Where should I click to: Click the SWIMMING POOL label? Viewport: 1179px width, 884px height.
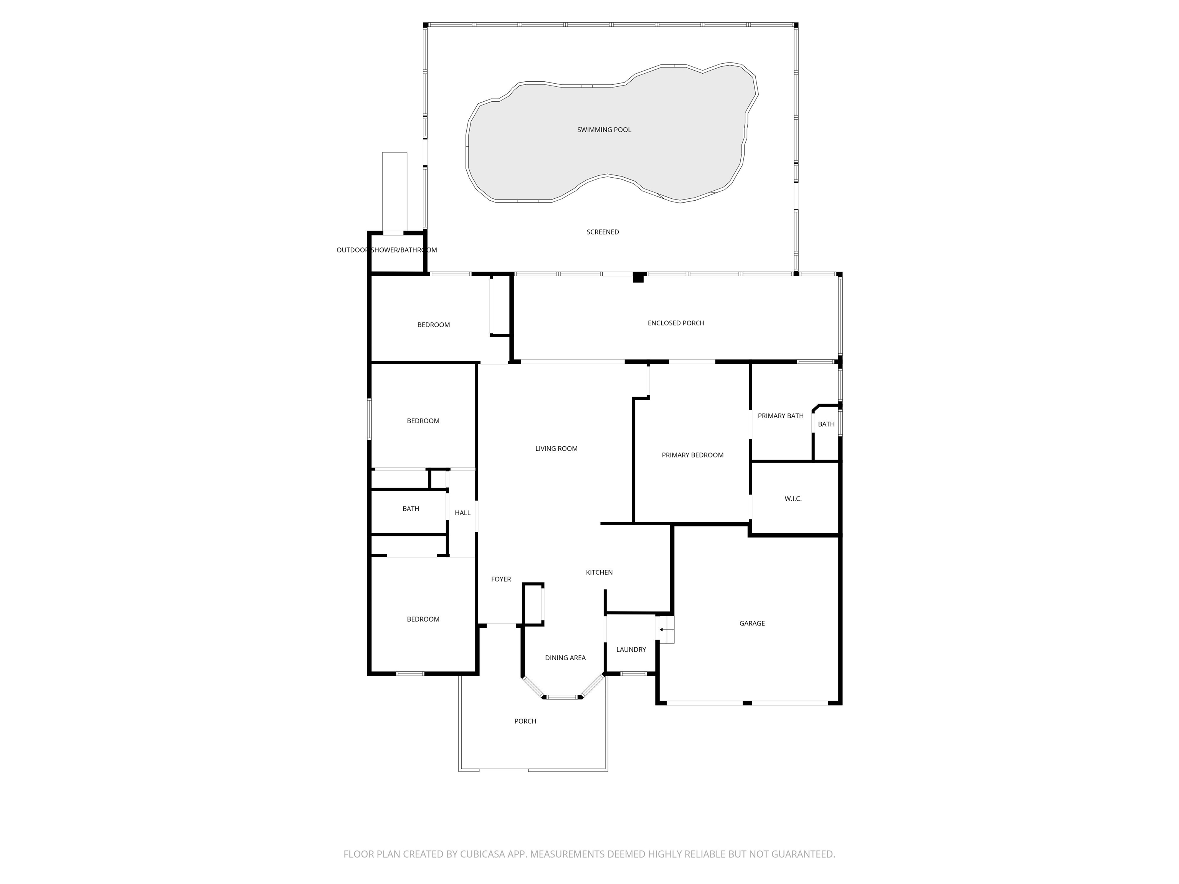[604, 129]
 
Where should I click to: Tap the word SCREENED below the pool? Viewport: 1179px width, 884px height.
[602, 232]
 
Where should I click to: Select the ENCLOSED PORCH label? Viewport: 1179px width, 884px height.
[675, 323]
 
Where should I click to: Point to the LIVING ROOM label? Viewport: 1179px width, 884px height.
[556, 449]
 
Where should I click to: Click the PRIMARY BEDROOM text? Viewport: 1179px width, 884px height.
[692, 455]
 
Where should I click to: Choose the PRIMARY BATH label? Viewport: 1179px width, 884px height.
[780, 416]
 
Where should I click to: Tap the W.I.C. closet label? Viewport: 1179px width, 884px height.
[793, 499]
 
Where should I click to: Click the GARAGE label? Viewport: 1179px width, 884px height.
[751, 623]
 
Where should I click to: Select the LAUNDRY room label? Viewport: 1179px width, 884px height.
[631, 650]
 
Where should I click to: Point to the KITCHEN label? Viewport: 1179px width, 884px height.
[599, 572]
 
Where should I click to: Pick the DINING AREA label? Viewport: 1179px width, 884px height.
[565, 658]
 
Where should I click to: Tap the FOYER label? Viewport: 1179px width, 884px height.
[500, 579]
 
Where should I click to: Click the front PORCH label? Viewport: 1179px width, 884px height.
[525, 721]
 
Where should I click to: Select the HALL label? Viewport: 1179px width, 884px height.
[462, 513]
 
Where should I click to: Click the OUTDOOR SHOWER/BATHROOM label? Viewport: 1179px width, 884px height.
[386, 250]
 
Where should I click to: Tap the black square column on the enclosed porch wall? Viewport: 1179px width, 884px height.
[638, 277]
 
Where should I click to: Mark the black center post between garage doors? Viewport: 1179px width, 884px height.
[747, 703]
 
